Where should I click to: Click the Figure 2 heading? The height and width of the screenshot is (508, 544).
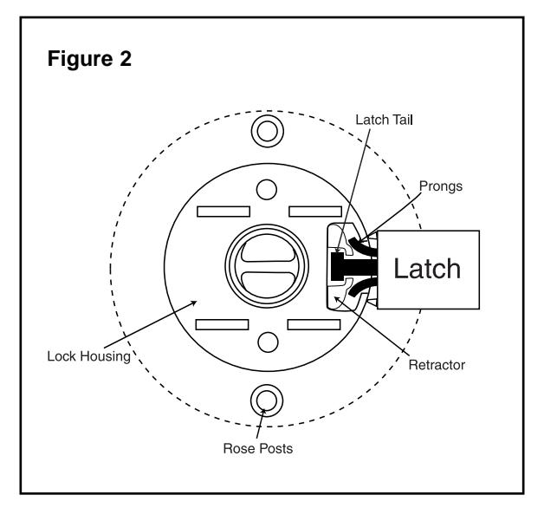(x=89, y=59)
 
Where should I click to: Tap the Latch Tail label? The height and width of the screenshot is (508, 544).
(x=384, y=120)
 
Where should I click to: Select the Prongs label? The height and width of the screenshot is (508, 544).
(x=441, y=186)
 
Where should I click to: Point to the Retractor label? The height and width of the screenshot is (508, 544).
(x=437, y=365)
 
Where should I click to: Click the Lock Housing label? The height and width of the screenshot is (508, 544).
(x=89, y=356)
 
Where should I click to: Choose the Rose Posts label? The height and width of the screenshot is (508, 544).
(x=258, y=448)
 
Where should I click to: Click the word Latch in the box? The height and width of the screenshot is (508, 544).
(x=427, y=269)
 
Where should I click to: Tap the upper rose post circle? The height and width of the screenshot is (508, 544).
(x=268, y=132)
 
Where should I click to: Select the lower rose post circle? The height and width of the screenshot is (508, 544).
(x=267, y=401)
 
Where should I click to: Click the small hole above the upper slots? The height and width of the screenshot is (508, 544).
(x=267, y=190)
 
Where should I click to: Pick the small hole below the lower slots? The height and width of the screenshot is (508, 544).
(x=268, y=342)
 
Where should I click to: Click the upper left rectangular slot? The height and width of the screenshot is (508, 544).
(x=223, y=212)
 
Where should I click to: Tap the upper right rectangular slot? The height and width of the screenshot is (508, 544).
(x=315, y=212)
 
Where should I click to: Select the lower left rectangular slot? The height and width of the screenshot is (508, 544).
(x=223, y=325)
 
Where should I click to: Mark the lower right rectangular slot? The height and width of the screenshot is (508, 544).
(x=314, y=325)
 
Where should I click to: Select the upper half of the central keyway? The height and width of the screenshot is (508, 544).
(x=268, y=251)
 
